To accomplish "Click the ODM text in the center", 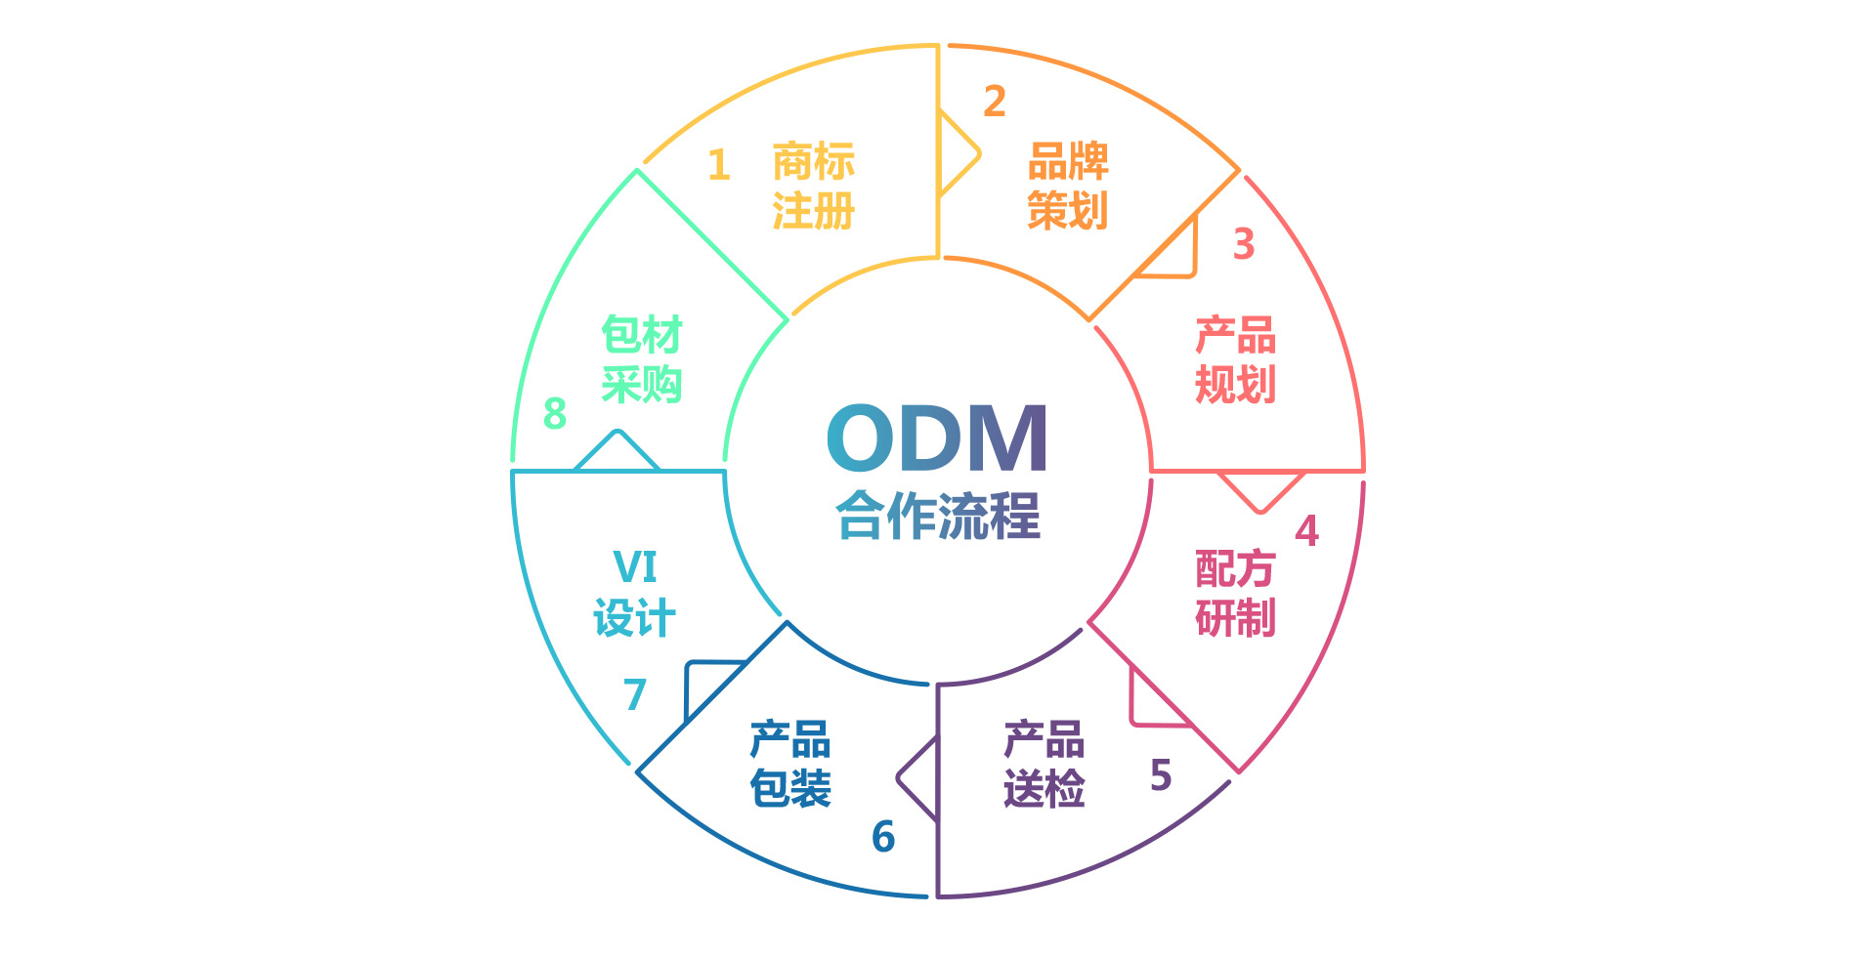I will [x=937, y=438].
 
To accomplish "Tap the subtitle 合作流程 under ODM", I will [x=938, y=516].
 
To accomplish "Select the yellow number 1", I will [x=719, y=165].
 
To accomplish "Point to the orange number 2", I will [x=995, y=102].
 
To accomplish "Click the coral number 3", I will [x=1243, y=244].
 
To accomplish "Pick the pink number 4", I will [x=1306, y=531].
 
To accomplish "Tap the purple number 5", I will [x=1161, y=775].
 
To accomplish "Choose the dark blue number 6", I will [x=883, y=837].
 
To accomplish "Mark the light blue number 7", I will [x=635, y=695].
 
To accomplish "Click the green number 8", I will [x=555, y=414].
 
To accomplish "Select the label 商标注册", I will [x=813, y=186].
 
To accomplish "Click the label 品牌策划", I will [x=1068, y=186].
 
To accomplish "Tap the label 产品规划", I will [x=1235, y=359].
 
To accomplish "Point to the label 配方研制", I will [x=1235, y=593].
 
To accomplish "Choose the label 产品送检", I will [x=1044, y=764].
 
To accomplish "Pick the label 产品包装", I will [x=790, y=764].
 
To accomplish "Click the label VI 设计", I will [x=634, y=593].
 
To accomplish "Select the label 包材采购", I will [x=641, y=359].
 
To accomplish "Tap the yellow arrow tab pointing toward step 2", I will [x=956, y=153].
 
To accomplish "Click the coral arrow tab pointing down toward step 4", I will [x=1260, y=488].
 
